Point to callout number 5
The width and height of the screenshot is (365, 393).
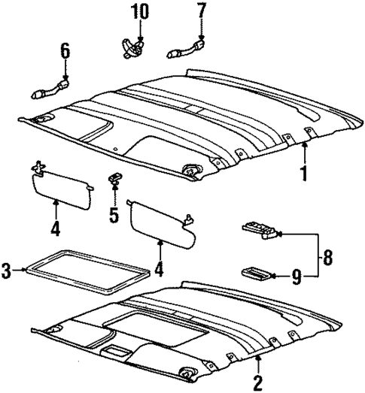(x=114, y=216)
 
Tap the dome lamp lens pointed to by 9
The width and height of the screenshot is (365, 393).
(x=255, y=273)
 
